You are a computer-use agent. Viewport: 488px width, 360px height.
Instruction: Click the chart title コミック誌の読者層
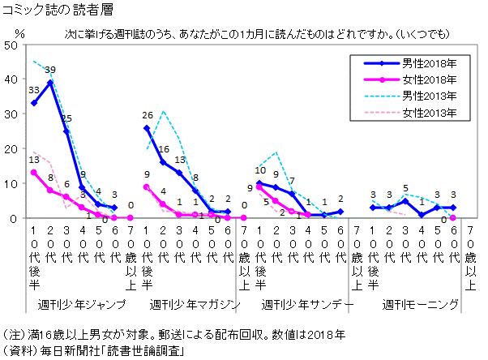58,10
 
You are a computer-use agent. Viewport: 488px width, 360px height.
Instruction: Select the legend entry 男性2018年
410,63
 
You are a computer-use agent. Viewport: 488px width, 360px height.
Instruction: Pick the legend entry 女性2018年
410,79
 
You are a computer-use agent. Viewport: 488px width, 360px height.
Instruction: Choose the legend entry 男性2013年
410,96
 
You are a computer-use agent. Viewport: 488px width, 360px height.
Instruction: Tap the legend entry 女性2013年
410,112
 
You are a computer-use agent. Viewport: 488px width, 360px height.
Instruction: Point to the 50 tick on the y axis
11,45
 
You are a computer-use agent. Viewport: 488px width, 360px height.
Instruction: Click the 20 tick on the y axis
11,149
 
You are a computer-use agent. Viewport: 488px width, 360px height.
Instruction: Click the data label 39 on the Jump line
50,70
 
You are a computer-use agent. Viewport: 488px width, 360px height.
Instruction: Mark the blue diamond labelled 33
34,103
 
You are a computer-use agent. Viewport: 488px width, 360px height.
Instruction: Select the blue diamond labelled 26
147,128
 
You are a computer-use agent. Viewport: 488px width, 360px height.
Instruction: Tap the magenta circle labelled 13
34,173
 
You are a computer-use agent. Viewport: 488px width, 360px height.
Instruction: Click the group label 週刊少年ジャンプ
82,304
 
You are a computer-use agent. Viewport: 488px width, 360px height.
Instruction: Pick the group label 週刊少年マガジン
195,304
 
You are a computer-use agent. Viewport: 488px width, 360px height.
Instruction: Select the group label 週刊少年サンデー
307,304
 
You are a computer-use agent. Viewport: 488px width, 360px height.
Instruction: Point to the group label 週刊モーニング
421,304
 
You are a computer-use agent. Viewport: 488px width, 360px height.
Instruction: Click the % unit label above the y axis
19,33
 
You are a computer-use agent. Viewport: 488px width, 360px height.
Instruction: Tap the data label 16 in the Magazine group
164,149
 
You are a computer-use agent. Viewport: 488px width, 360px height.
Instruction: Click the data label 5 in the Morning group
405,188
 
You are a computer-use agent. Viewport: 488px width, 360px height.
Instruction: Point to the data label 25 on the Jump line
66,118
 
